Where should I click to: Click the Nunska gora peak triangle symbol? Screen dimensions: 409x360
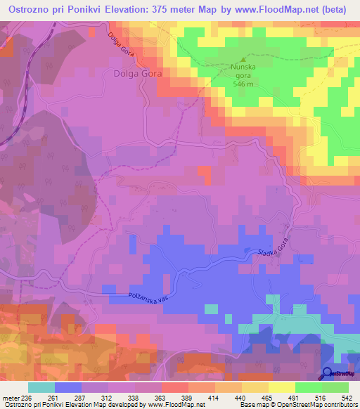(x=244, y=60)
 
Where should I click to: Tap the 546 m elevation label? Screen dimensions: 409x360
(x=244, y=82)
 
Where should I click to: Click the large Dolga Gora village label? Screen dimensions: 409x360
(x=138, y=72)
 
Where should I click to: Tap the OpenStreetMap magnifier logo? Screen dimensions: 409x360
(x=328, y=372)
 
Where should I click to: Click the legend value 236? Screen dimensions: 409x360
(x=27, y=397)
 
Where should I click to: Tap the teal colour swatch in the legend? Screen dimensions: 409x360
(x=41, y=387)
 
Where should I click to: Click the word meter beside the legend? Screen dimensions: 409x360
(x=11, y=397)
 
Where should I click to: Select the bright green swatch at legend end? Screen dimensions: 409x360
(x=335, y=387)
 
